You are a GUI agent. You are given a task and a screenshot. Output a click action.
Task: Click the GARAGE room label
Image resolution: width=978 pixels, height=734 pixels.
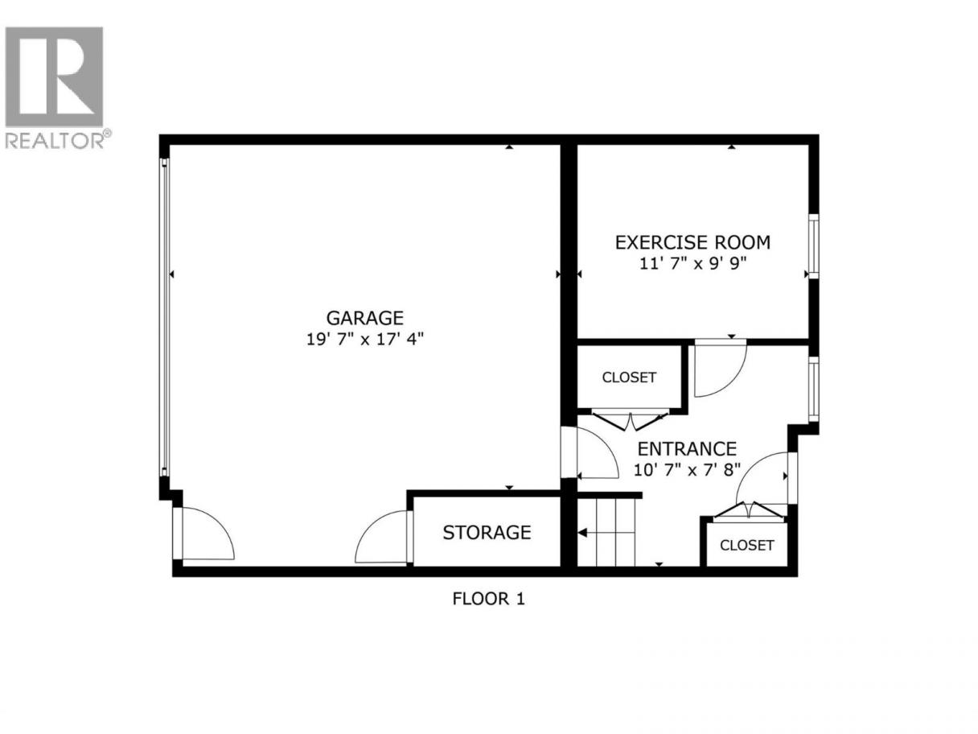tap(365, 318)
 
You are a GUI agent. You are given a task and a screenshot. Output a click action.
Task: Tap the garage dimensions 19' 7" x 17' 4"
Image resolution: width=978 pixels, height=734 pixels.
tap(365, 340)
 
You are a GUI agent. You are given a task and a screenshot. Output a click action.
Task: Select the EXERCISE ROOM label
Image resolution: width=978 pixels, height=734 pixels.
tap(692, 242)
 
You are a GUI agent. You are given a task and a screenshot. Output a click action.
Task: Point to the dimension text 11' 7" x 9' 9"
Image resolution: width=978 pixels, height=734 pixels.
tap(692, 264)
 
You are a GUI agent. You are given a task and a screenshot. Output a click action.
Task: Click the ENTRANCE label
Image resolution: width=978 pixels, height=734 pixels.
tap(687, 449)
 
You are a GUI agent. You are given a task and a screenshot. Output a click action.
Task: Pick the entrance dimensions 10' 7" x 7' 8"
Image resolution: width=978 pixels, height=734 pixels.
tap(687, 470)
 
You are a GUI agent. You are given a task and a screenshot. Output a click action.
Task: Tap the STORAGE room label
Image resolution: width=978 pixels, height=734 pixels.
tap(487, 533)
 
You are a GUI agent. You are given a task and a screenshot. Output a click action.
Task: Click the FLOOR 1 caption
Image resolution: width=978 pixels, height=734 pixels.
tap(489, 599)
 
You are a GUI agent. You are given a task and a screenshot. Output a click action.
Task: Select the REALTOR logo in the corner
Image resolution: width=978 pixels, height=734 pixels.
tap(55, 87)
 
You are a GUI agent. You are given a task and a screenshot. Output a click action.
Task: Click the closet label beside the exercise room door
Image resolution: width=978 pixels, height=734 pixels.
tap(629, 377)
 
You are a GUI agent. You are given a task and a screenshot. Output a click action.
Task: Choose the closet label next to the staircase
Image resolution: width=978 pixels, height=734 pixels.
tap(746, 545)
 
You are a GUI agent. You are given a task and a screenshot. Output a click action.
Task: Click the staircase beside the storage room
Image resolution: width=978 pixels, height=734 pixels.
tap(606, 532)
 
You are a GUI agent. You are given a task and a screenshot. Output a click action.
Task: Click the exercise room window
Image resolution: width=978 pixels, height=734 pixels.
tap(814, 246)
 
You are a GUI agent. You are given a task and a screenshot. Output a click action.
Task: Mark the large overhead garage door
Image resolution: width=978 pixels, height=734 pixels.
tap(165, 317)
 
